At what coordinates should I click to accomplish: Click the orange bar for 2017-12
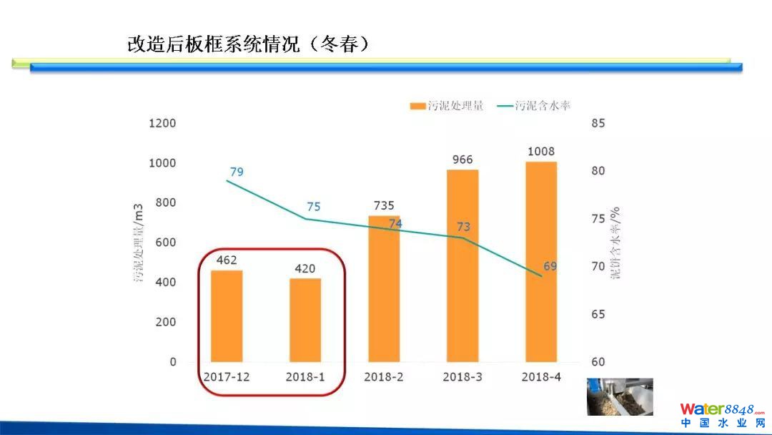point(227,316)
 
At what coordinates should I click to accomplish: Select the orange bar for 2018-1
point(305,320)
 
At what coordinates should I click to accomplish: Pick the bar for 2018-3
point(462,265)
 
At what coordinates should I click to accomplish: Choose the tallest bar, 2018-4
point(541,262)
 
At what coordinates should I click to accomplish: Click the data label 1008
point(541,152)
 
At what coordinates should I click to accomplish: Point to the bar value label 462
point(227,260)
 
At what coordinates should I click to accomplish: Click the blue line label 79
point(237,172)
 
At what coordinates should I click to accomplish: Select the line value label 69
point(550,266)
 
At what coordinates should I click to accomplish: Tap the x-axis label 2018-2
point(384,377)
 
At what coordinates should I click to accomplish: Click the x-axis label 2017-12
point(227,377)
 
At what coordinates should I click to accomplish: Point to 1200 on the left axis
point(162,123)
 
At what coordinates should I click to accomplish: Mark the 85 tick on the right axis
point(598,123)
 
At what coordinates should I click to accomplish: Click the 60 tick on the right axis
point(598,362)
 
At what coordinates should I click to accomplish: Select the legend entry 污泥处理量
point(447,106)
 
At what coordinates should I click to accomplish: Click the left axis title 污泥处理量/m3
point(139,243)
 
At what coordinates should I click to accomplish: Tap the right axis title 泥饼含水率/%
point(615,243)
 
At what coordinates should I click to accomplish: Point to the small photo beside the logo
point(620,396)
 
